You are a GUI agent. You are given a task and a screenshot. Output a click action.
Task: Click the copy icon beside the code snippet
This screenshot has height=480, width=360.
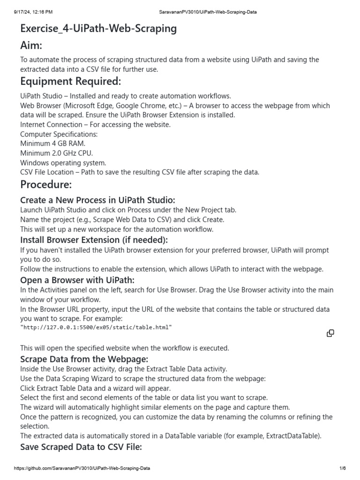click(330, 333)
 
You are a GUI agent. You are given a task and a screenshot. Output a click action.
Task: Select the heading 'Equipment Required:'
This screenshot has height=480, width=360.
click(70, 82)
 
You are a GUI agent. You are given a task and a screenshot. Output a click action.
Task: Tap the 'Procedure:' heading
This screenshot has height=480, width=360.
click(46, 184)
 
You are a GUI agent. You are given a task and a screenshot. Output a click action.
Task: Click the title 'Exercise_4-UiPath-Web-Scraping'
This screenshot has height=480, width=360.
click(98, 29)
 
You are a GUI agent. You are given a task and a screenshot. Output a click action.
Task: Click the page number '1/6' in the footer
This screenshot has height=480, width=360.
click(342, 468)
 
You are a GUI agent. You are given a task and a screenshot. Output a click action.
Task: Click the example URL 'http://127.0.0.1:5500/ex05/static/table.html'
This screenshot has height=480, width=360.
click(96, 327)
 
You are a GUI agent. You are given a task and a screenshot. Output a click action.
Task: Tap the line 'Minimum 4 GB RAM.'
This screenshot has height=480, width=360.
click(52, 143)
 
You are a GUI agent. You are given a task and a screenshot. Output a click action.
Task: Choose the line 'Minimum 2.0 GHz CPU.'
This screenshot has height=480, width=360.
click(56, 153)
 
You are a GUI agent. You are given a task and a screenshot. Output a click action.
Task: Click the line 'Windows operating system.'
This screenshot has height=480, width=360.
click(63, 163)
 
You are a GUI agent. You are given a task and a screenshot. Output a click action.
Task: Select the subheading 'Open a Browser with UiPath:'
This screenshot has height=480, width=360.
click(77, 280)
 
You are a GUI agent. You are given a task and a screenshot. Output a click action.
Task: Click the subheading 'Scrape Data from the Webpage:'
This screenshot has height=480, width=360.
click(84, 359)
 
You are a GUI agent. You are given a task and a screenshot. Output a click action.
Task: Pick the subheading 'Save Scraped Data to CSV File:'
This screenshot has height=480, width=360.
click(81, 447)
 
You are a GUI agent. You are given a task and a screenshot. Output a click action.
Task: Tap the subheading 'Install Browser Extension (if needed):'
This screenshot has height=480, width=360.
click(94, 240)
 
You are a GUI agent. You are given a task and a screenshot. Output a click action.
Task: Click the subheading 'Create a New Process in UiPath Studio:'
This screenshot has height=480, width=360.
click(97, 200)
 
